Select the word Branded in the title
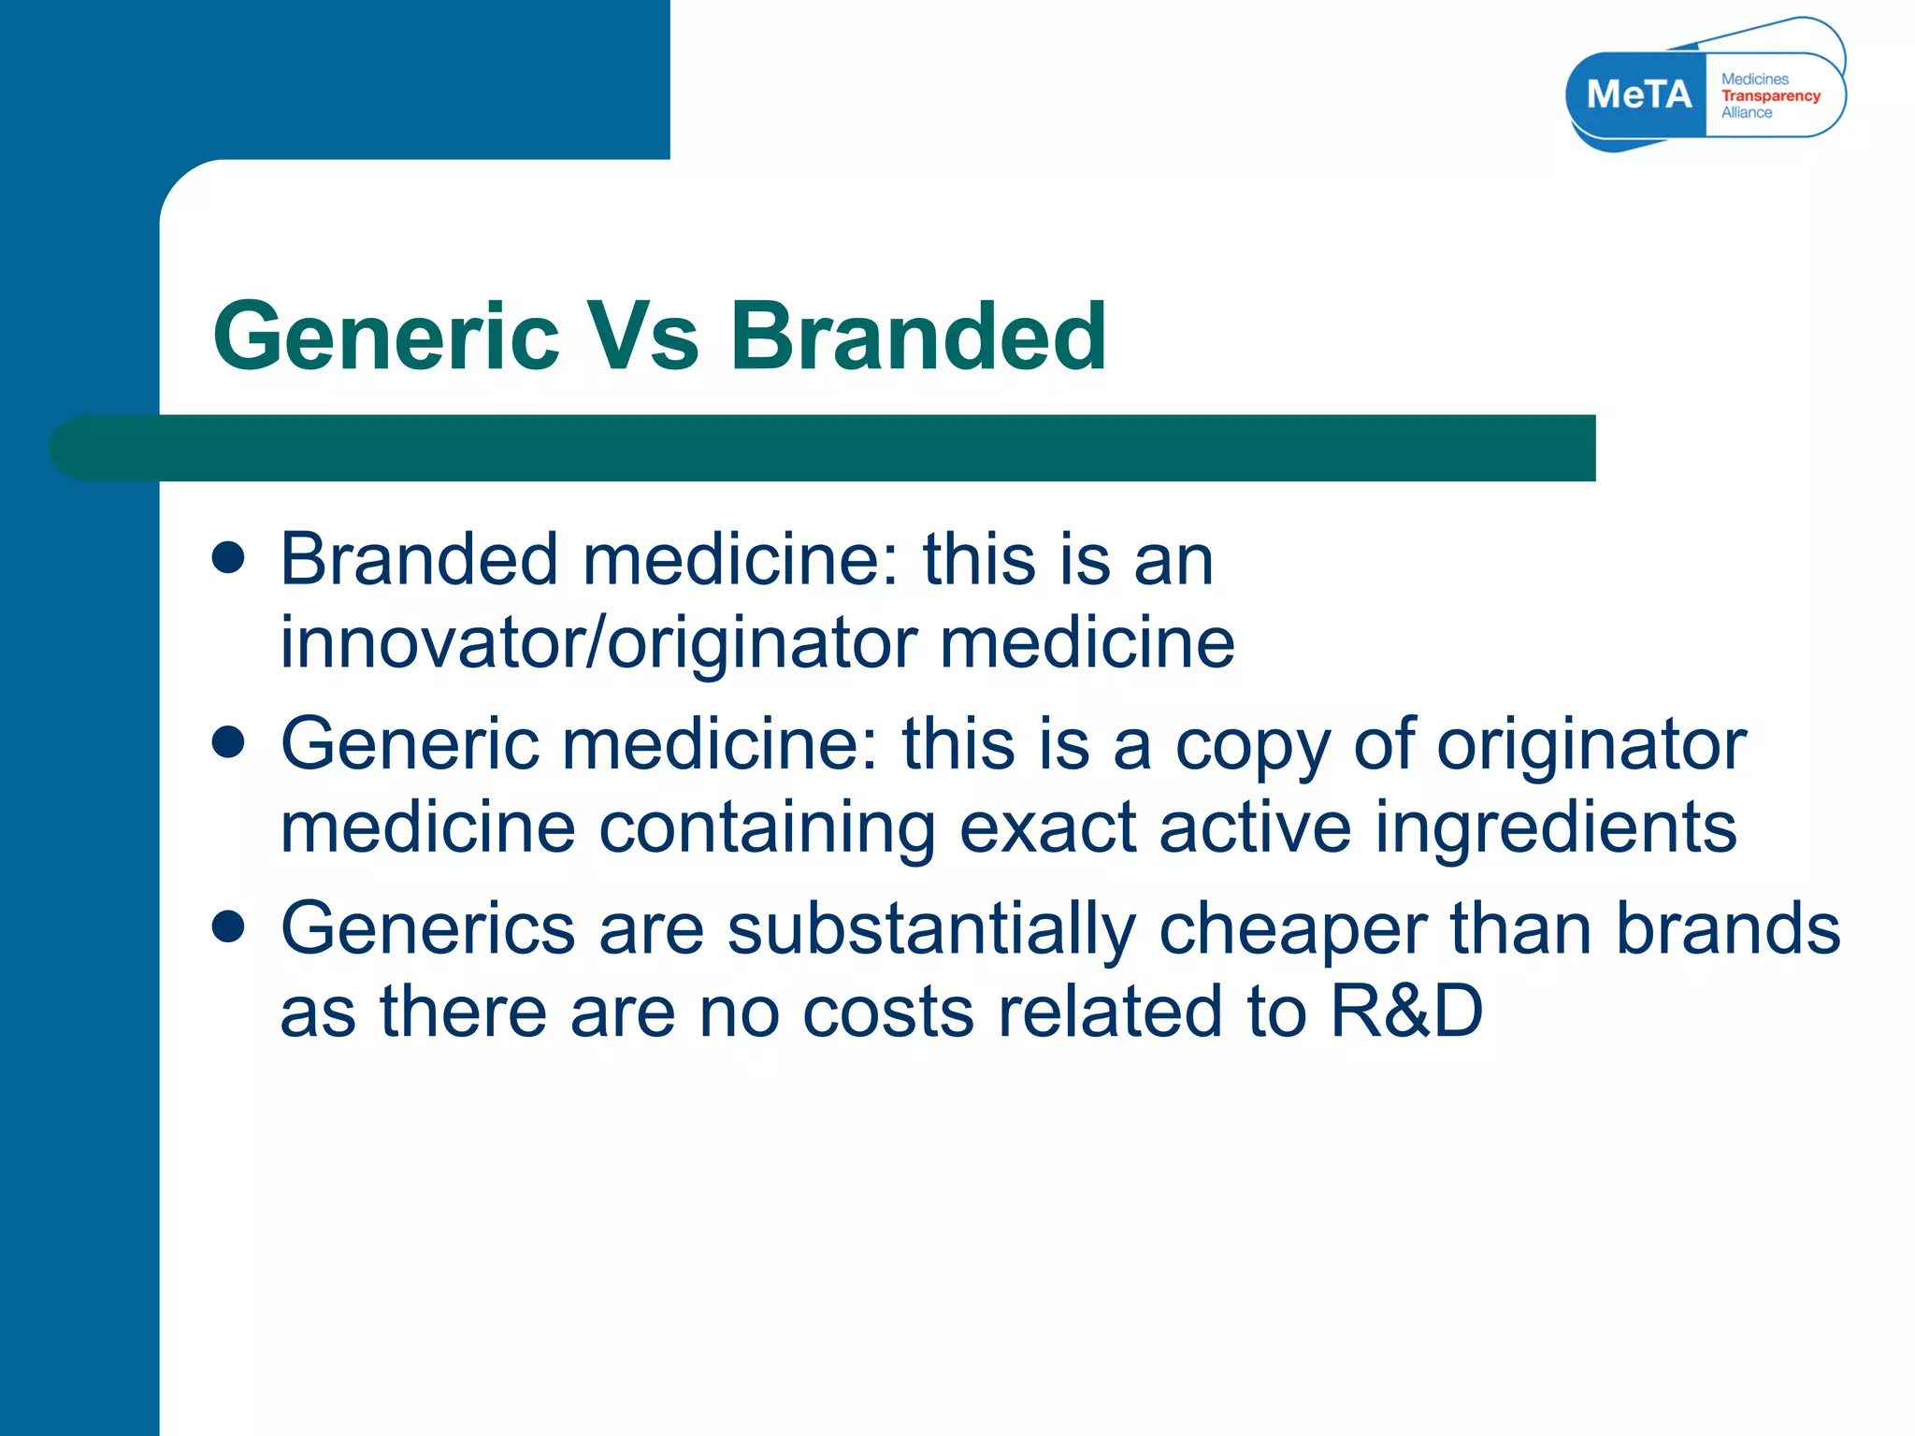918,337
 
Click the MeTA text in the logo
1639,94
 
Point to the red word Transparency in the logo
1770,95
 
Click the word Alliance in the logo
1746,112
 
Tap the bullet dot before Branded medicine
228,558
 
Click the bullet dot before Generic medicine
228,742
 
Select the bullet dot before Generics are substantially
228,926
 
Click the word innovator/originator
598,643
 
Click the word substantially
930,929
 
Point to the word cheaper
1292,929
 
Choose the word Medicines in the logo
1754,79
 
